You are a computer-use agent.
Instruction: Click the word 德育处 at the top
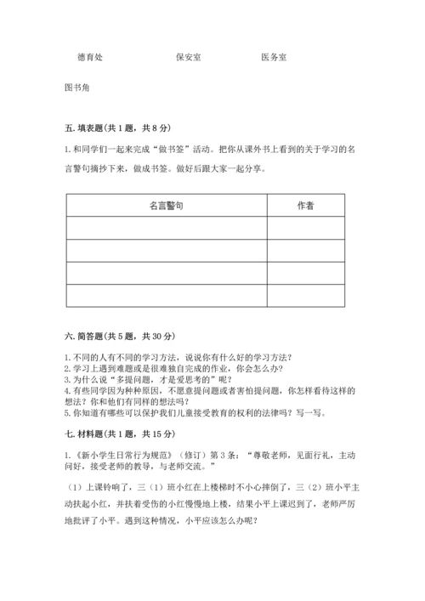[x=89, y=57]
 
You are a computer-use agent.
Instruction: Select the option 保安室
[x=188, y=57]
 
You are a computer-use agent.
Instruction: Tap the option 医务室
[x=274, y=57]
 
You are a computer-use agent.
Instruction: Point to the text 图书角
[x=76, y=88]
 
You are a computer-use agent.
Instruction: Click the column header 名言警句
[x=166, y=206]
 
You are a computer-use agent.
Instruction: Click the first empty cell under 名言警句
[x=166, y=228]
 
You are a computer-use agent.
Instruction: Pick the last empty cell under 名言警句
[x=166, y=295]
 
